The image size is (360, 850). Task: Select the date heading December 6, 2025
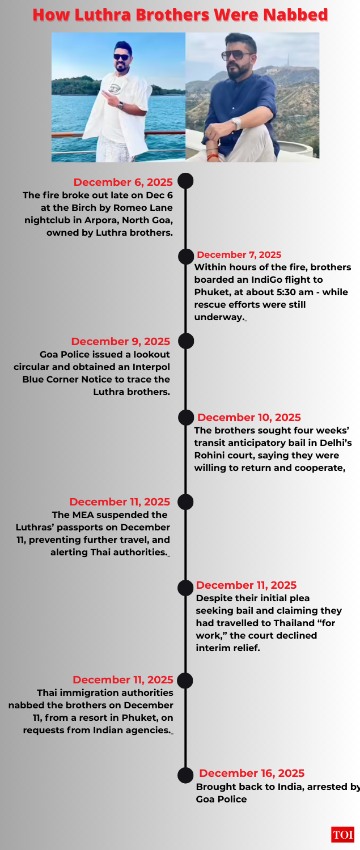[x=123, y=182]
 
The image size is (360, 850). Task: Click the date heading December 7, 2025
[x=239, y=255]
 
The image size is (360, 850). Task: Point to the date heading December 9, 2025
[x=120, y=341]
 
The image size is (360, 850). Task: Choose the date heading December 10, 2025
[x=249, y=418]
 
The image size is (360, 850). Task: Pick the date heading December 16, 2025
[x=252, y=773]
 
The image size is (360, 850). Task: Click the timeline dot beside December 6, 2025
[x=185, y=181]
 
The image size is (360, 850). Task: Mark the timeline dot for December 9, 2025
[x=185, y=341]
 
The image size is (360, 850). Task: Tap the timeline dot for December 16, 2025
[x=185, y=775]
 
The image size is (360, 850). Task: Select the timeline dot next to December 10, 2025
[x=185, y=418]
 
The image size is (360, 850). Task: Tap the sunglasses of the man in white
[x=122, y=56]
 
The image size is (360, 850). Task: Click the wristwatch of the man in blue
[x=236, y=123]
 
